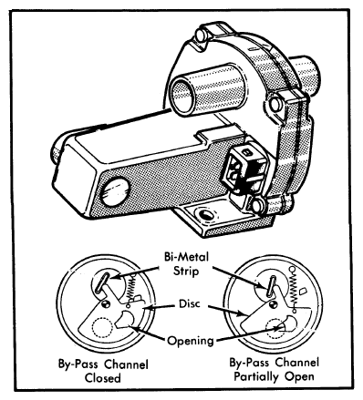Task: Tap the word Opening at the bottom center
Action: pyautogui.click(x=191, y=341)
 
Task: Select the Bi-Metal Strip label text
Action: pyautogui.click(x=186, y=264)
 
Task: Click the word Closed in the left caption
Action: pyautogui.click(x=103, y=378)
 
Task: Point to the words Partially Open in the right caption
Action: pyautogui.click(x=274, y=377)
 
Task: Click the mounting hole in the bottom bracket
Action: pyautogui.click(x=204, y=214)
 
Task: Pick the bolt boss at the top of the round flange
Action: pyautogui.click(x=201, y=35)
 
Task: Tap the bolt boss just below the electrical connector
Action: pyautogui.click(x=257, y=205)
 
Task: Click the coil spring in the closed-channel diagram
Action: pyautogui.click(x=131, y=288)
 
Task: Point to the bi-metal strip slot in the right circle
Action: pyautogui.click(x=271, y=285)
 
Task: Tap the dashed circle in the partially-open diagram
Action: pyautogui.click(x=275, y=329)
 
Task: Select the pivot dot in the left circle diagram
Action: pyautogui.click(x=105, y=303)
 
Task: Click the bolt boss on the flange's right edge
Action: pyautogui.click(x=275, y=104)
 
